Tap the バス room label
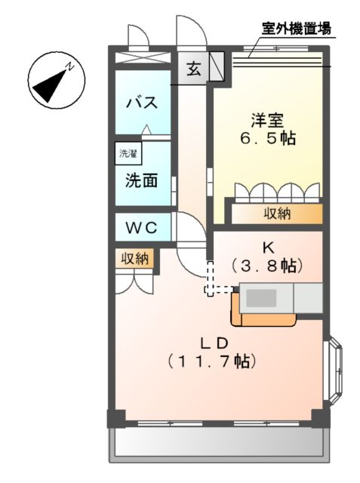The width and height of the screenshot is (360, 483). [x=140, y=102]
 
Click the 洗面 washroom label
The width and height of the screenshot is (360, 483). [x=140, y=181]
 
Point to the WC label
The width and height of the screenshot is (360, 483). [x=141, y=226]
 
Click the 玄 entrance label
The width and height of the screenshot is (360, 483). [x=193, y=69]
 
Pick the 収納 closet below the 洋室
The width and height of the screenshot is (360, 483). [x=276, y=214]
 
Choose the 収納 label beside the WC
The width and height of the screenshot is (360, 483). [x=136, y=259]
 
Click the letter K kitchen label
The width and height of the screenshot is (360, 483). [x=267, y=248]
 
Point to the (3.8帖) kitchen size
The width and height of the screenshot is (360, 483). [x=267, y=266]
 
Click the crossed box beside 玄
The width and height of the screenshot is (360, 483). [x=217, y=66]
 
